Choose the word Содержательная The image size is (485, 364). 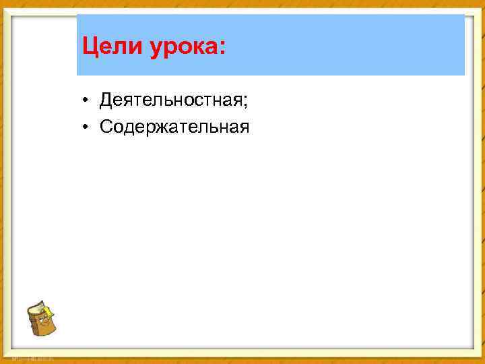pyautogui.click(x=174, y=126)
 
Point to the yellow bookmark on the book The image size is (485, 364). pyautogui.click(x=49, y=311)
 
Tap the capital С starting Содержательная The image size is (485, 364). pyautogui.click(x=106, y=126)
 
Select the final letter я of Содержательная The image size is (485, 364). pyautogui.click(x=244, y=127)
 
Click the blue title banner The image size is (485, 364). pyautogui.click(x=337, y=44)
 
